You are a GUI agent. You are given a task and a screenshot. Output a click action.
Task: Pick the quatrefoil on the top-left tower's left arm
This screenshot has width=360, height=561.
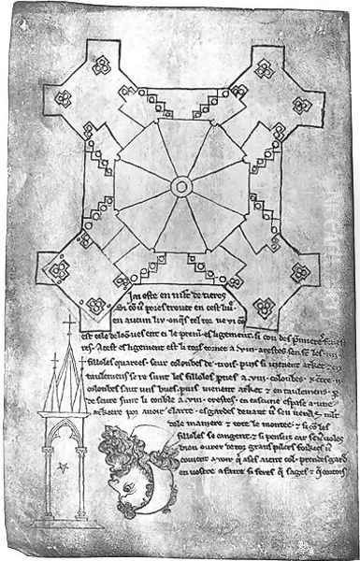65,99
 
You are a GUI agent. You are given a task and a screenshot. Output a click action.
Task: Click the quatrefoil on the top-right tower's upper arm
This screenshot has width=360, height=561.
264,67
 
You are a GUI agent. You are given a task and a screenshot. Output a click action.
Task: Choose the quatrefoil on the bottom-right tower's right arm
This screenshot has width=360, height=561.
298,272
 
